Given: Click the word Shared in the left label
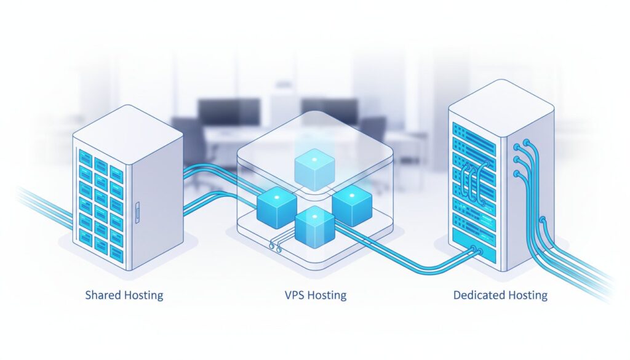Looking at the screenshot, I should (x=104, y=295).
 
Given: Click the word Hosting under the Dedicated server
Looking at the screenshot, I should (x=527, y=295).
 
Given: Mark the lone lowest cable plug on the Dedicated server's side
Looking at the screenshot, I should (x=542, y=220).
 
